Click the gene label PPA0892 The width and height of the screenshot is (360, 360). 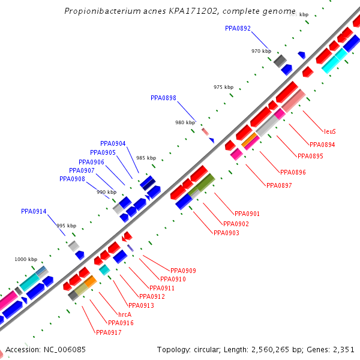238,28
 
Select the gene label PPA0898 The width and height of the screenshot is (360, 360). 163,98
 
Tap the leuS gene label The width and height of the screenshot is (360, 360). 329,131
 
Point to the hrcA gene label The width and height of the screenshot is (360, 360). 125,314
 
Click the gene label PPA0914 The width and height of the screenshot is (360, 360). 34,211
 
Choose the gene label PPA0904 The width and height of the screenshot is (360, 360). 113,143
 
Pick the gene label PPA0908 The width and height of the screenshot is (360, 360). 72,179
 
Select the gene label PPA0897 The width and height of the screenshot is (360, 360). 279,185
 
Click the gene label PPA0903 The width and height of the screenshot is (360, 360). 226,233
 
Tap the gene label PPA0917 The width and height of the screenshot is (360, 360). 109,332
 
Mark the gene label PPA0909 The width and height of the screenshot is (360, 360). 183,271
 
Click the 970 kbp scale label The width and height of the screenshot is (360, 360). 261,51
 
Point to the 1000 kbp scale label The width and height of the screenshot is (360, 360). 26,259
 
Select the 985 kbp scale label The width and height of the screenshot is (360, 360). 146,158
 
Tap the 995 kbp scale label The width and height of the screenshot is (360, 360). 66,226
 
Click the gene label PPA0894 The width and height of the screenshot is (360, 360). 322,145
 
